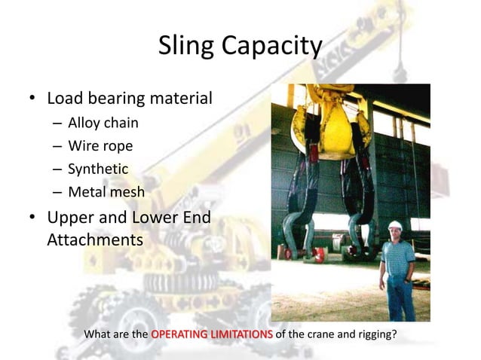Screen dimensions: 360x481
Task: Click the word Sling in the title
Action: click(x=185, y=47)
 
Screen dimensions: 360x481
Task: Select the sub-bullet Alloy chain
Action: click(x=103, y=123)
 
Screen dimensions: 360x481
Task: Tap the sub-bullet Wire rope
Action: click(x=100, y=145)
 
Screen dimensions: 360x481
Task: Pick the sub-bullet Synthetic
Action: click(x=98, y=169)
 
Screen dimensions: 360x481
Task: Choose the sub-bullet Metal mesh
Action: click(x=106, y=191)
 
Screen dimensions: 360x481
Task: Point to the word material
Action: click(x=179, y=99)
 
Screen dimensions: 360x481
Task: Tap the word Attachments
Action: click(x=95, y=240)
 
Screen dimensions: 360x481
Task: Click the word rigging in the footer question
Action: click(x=373, y=334)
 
